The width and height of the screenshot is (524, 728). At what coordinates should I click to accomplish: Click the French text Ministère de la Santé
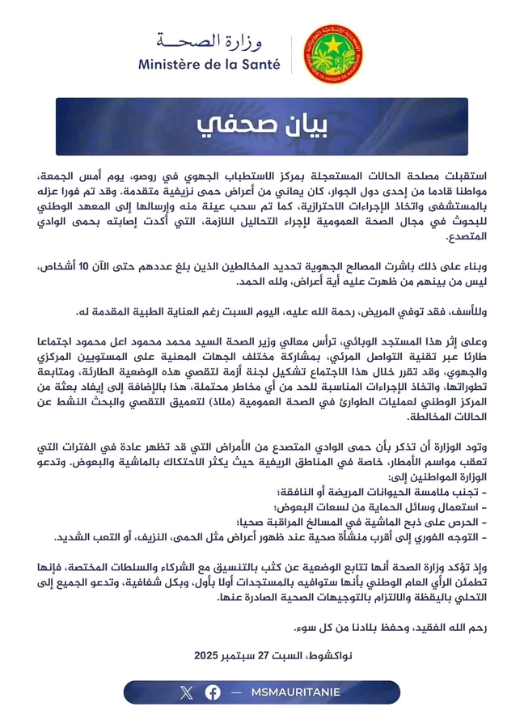[209, 64]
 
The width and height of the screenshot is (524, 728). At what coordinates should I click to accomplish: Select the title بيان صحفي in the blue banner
[262, 126]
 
